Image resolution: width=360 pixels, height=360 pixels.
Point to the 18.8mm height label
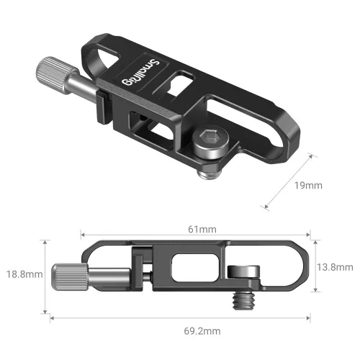tap(22, 274)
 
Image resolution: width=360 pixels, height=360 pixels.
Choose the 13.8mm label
tap(335, 267)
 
